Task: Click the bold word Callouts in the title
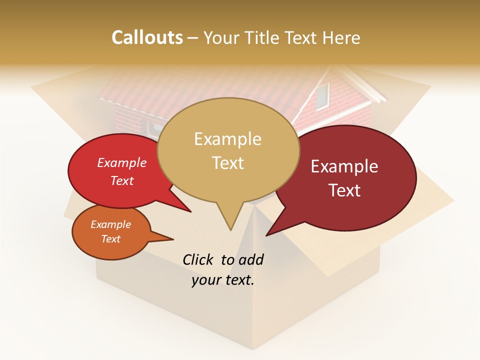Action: tap(147, 37)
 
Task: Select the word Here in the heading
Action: tap(340, 37)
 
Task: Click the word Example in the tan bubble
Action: tap(227, 139)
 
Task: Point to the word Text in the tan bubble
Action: tap(227, 163)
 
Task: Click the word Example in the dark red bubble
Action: tap(344, 166)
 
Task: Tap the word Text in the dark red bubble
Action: tap(344, 190)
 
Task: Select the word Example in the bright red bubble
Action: tap(121, 162)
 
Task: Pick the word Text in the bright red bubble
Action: tap(121, 180)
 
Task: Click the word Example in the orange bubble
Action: tap(110, 224)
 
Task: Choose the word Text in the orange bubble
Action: tap(110, 239)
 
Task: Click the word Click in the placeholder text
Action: tap(198, 259)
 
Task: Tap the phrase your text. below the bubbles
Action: tap(222, 280)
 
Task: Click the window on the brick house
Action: tap(322, 96)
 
